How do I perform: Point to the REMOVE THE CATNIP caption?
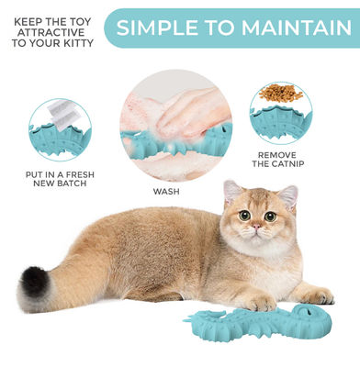tap(276, 160)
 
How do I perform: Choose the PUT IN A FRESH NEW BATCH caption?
tap(59, 179)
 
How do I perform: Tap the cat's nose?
tap(259, 228)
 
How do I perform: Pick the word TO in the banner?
tap(220, 28)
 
